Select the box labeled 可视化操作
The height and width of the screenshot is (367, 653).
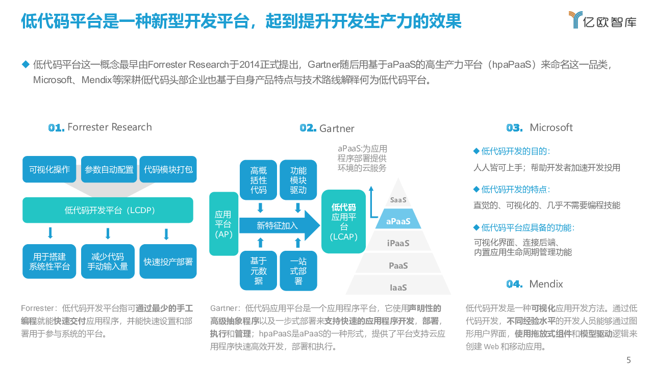click(49, 169)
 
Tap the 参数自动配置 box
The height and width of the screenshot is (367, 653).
click(109, 169)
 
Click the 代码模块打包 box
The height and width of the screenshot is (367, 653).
click(168, 169)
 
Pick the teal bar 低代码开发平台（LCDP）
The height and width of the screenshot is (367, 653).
click(108, 210)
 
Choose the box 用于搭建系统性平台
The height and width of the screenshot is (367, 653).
click(49, 261)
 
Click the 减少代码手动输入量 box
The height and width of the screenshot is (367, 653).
click(108, 261)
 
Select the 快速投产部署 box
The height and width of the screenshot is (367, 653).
click(168, 261)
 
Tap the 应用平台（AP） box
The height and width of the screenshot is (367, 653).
click(223, 224)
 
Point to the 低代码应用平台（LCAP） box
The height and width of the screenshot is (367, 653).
click(343, 222)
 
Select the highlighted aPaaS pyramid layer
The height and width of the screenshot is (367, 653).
click(398, 221)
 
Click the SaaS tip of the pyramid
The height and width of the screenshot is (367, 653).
click(398, 200)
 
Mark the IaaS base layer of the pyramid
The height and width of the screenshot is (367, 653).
click(398, 287)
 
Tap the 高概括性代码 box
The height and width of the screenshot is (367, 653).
click(259, 180)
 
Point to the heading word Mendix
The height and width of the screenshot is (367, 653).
click(546, 284)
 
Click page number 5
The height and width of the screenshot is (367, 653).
click(629, 360)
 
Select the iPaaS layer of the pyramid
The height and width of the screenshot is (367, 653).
click(398, 243)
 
